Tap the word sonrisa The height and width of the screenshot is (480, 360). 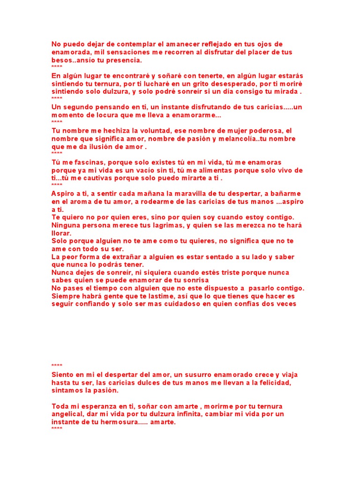coord(195,280)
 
